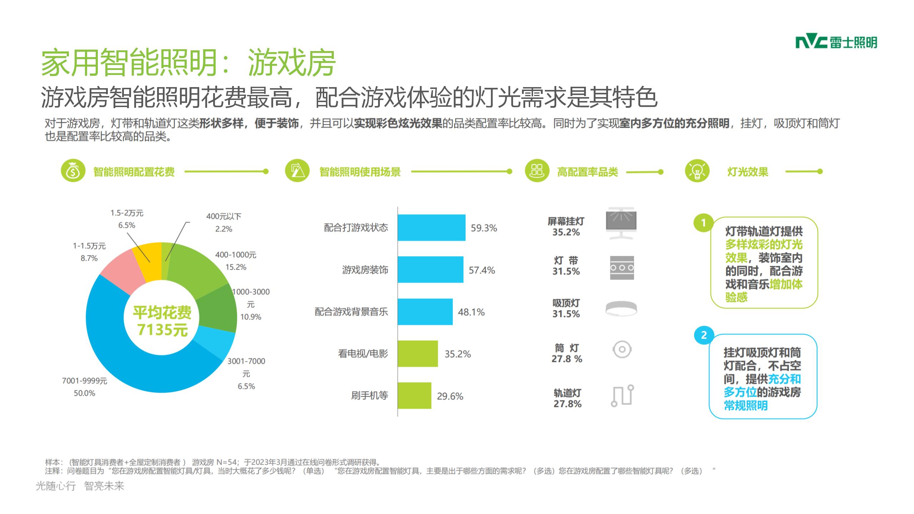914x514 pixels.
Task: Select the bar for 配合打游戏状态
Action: [x=431, y=228]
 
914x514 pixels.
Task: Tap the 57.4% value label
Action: [x=482, y=270]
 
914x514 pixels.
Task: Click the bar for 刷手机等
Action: [x=414, y=395]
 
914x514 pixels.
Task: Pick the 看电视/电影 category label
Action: [x=363, y=354]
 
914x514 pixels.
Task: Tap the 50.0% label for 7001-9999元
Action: [x=85, y=393]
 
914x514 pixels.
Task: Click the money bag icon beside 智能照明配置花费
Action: [x=73, y=171]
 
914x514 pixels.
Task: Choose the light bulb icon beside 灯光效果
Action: [x=697, y=171]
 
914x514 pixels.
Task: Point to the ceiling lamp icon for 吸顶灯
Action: [x=621, y=309]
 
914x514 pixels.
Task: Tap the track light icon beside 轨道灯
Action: [x=622, y=395]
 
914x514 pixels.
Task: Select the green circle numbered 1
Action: [x=703, y=223]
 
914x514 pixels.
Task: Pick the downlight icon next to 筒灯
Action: [x=622, y=349]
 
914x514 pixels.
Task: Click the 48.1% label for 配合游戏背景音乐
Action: [x=471, y=312]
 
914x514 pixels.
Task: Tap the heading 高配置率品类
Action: [x=587, y=172]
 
